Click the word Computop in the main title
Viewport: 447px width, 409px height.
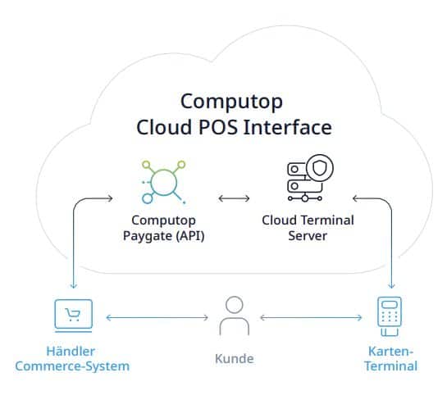[x=231, y=102]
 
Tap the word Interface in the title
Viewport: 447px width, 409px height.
[x=288, y=127]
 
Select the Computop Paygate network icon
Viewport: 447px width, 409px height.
[x=164, y=182]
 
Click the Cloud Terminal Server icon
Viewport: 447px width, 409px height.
[x=310, y=179]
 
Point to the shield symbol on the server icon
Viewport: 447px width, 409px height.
[x=320, y=168]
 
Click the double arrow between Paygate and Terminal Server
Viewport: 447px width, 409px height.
[x=234, y=198]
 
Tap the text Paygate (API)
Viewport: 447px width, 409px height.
[x=164, y=236]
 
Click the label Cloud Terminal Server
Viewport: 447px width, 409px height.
[x=308, y=228]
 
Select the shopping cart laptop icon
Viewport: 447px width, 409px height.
[x=74, y=316]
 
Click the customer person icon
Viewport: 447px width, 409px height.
[x=235, y=316]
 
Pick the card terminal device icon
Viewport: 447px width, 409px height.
[x=390, y=316]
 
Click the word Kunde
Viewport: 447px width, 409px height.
[x=235, y=358]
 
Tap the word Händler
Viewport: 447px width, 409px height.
[x=71, y=351]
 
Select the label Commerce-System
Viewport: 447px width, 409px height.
[x=72, y=366]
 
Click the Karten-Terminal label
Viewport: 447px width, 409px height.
[x=391, y=358]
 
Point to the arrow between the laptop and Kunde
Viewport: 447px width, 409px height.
[x=157, y=317]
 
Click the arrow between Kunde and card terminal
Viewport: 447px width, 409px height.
[x=312, y=317]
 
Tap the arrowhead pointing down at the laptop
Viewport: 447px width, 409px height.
[x=74, y=286]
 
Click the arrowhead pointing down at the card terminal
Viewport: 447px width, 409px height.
[x=392, y=286]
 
